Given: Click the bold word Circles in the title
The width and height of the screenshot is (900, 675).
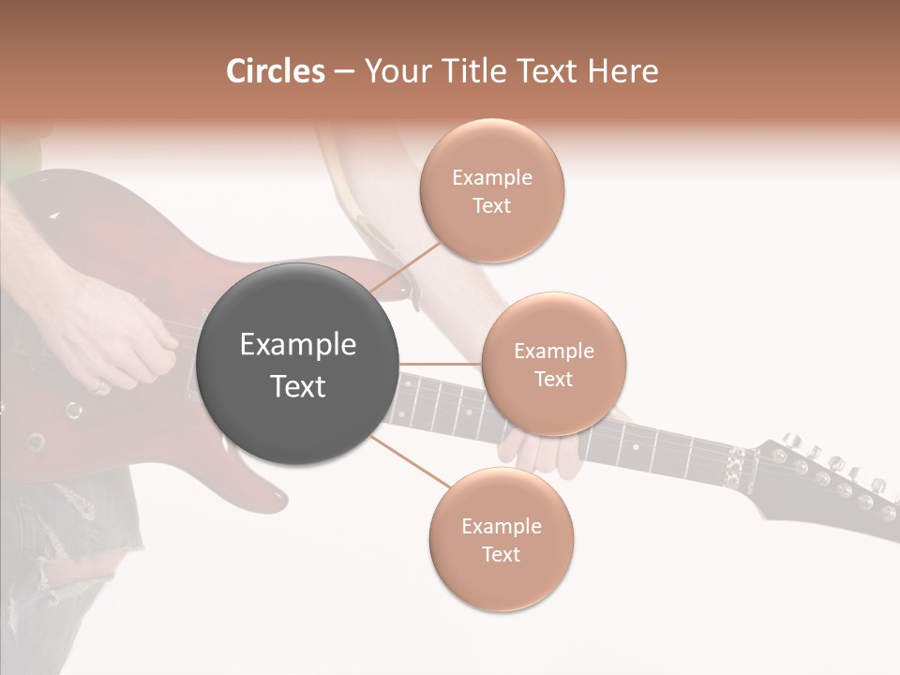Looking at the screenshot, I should tap(275, 71).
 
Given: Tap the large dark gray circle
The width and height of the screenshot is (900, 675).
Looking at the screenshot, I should tap(298, 365).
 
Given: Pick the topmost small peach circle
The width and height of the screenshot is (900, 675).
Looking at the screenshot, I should tap(492, 191).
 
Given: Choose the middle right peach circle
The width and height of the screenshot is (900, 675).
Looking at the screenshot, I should tap(554, 364).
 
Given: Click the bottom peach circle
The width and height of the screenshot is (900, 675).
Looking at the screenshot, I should tap(502, 540).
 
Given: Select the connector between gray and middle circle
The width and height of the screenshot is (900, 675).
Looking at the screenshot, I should tap(441, 364).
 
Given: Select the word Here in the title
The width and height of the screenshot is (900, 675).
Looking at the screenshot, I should tap(623, 71).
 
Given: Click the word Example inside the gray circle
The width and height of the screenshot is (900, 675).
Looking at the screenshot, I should tap(298, 345).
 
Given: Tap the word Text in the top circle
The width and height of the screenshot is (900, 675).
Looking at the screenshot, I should tap(492, 205).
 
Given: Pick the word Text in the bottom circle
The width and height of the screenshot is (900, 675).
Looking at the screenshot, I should tap(502, 554).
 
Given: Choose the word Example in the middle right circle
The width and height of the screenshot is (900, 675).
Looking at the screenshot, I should tap(554, 351).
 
